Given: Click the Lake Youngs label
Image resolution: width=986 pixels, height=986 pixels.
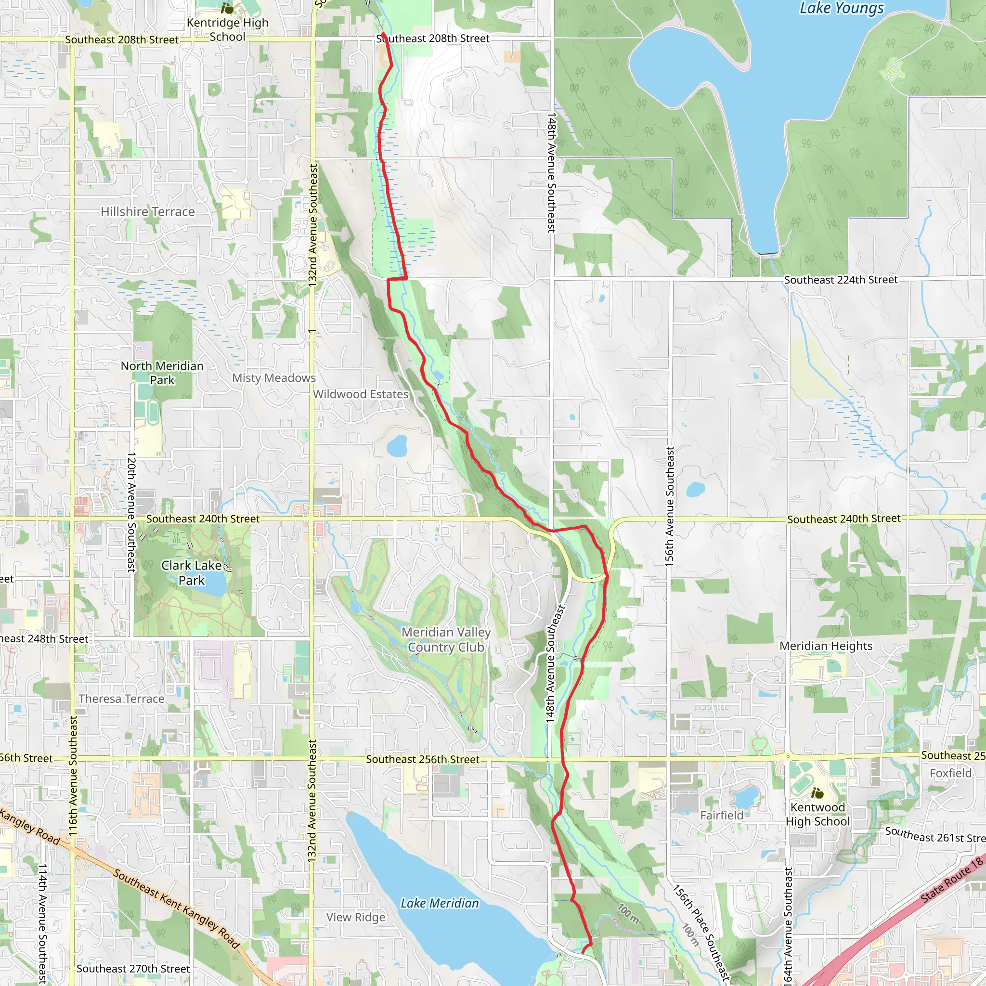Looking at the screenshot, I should pyautogui.click(x=841, y=9).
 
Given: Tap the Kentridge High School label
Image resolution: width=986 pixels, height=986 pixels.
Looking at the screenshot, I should pyautogui.click(x=227, y=29).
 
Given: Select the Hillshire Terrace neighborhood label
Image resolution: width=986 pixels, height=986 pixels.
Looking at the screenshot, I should pyautogui.click(x=147, y=212).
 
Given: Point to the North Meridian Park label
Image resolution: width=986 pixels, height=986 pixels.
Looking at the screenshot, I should pyautogui.click(x=162, y=373).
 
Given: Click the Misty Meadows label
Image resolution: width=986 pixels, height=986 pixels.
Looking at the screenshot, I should pyautogui.click(x=274, y=378).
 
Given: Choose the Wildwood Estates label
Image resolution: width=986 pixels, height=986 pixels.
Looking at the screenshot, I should pyautogui.click(x=361, y=394).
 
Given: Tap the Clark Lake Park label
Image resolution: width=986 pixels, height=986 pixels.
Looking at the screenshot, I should pyautogui.click(x=192, y=572).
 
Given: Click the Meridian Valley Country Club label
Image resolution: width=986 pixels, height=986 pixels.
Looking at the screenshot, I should pyautogui.click(x=446, y=639).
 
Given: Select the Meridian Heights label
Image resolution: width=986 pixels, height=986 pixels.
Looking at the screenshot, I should pyautogui.click(x=826, y=646).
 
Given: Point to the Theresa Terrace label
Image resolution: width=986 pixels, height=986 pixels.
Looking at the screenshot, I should pyautogui.click(x=121, y=699).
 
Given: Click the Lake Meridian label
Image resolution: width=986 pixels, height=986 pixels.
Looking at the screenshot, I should pyautogui.click(x=440, y=903).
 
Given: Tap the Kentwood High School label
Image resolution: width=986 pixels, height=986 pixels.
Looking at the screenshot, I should pyautogui.click(x=817, y=815).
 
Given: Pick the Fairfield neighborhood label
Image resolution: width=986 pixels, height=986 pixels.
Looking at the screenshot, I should pyautogui.click(x=722, y=816).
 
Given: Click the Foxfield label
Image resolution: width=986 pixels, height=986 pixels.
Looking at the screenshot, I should pyautogui.click(x=950, y=773).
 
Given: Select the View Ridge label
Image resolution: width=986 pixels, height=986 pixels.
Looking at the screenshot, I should pyautogui.click(x=356, y=917).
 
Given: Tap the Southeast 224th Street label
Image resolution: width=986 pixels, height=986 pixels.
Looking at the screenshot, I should pyautogui.click(x=841, y=280).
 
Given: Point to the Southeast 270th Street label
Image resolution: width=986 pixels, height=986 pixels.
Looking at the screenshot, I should pyautogui.click(x=133, y=969).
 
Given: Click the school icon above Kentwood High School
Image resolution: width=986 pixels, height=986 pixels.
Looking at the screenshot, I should pyautogui.click(x=817, y=793).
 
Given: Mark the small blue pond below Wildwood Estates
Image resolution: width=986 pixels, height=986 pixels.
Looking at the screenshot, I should pyautogui.click(x=397, y=445).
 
